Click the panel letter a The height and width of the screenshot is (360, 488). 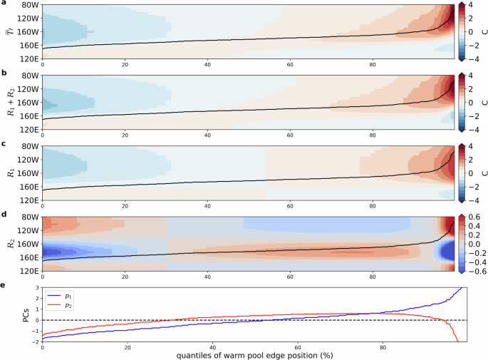(x=3, y=3)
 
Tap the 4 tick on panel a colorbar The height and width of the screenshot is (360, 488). (x=471, y=5)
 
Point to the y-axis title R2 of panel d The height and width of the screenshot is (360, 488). (x=9, y=243)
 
